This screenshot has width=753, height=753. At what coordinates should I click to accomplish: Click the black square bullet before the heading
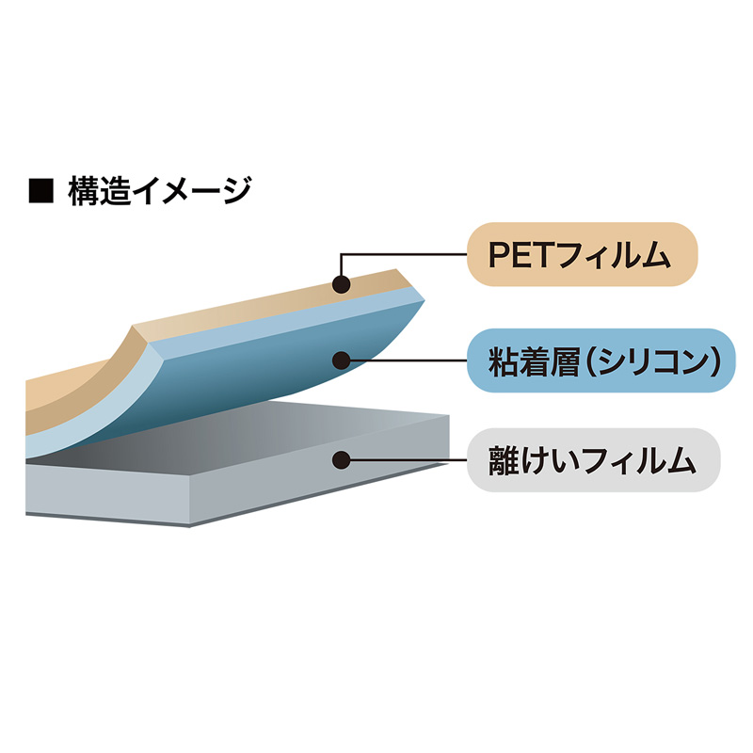click(x=40, y=190)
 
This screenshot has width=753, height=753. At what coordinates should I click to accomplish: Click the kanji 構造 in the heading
click(x=100, y=191)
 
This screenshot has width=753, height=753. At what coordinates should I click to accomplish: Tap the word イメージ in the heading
click(x=192, y=191)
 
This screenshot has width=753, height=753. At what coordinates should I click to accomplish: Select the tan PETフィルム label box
click(x=582, y=254)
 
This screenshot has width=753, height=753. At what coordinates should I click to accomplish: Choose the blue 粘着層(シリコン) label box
click(x=601, y=360)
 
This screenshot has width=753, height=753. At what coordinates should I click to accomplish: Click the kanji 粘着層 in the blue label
click(x=534, y=361)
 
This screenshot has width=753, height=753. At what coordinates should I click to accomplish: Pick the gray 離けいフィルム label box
click(x=594, y=460)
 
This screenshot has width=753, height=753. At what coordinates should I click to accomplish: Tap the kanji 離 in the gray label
click(x=503, y=460)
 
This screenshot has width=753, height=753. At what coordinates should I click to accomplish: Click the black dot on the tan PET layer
click(x=342, y=284)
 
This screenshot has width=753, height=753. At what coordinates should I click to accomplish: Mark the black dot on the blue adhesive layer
click(x=342, y=360)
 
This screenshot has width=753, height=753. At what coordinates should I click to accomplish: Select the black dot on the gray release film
click(x=342, y=460)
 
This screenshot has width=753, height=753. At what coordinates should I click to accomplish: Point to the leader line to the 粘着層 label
click(x=409, y=360)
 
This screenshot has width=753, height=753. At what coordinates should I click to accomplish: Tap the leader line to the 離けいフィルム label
click(x=409, y=460)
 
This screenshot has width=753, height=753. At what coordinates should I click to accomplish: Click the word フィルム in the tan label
click(x=614, y=255)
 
